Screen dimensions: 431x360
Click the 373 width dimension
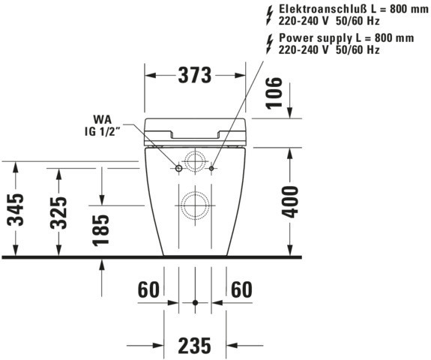click(195, 75)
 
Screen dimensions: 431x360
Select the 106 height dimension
click(274, 93)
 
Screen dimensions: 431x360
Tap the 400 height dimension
click(291, 202)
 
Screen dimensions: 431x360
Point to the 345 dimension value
click(16, 210)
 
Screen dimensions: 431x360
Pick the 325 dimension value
click(58, 213)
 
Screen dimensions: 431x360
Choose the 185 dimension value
click(100, 230)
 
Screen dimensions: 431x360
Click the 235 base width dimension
click(195, 346)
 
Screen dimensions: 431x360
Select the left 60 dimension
click(148, 289)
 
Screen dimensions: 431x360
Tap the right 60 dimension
click(241, 289)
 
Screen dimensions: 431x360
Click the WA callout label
click(103, 120)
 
